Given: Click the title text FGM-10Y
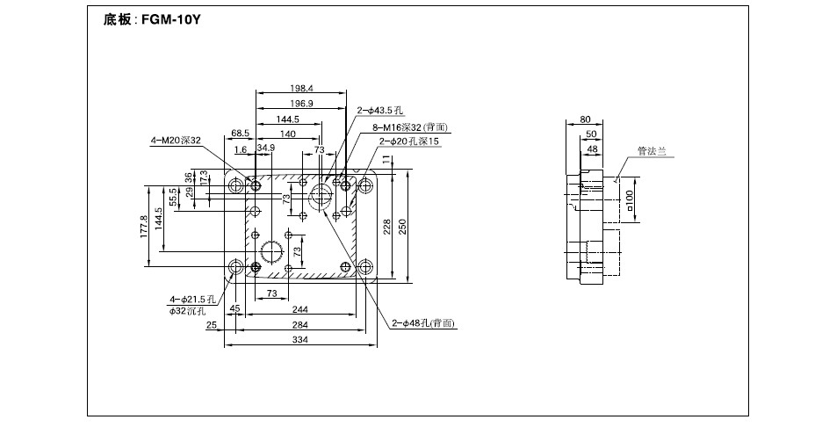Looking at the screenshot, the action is [171, 20].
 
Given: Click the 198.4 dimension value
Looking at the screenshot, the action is [301, 89].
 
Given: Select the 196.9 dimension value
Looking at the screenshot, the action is [301, 104].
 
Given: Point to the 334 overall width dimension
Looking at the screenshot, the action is [299, 339].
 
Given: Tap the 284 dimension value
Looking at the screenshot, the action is [299, 325].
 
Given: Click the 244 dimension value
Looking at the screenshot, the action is [299, 309].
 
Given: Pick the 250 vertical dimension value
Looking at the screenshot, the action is [402, 226].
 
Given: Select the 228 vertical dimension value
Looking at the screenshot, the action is [387, 226].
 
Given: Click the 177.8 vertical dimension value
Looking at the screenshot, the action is [144, 226].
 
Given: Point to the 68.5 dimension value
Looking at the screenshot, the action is [240, 134].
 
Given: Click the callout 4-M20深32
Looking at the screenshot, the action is [176, 140].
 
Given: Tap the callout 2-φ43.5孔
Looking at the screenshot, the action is [380, 110].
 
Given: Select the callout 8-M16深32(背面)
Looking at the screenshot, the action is [410, 127].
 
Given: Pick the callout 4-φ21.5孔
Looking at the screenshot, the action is [192, 300].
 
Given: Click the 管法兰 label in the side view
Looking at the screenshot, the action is [652, 151].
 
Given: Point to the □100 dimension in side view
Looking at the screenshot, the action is [630, 199].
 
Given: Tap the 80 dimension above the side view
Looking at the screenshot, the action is [586, 119].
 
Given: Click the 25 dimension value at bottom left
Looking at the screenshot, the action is [212, 325].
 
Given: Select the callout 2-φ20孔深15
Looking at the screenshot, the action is [409, 141].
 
